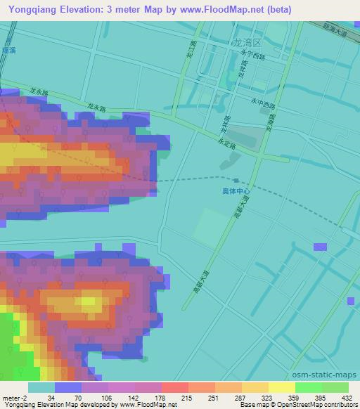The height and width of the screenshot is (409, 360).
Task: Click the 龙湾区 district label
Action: [245, 43]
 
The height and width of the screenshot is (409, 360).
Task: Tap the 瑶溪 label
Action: [8, 51]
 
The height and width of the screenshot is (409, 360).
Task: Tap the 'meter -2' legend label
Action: [14, 398]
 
